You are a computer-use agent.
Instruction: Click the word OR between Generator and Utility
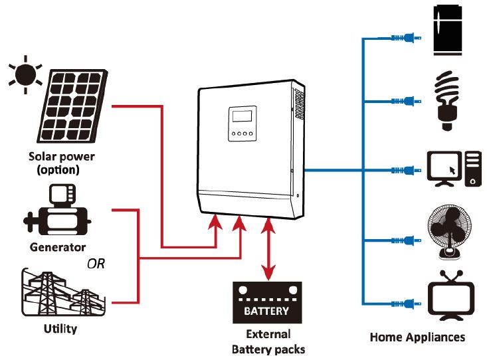[96, 263]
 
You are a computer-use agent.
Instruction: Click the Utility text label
[60, 328]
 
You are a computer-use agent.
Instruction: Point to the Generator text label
[58, 247]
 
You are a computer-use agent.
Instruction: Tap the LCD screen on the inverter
[241, 118]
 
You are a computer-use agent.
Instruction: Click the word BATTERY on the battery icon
[267, 310]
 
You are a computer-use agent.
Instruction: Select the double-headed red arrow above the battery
[268, 248]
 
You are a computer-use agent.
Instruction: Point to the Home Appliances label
[418, 337]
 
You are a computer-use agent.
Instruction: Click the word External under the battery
[268, 334]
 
